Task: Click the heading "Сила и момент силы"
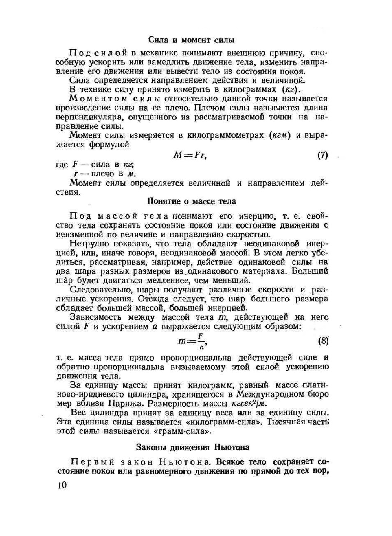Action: pyautogui.click(x=191, y=40)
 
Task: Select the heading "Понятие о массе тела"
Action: pyautogui.click(x=191, y=202)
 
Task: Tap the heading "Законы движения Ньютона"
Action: pyautogui.click(x=192, y=447)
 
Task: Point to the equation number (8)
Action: pyautogui.click(x=323, y=341)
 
